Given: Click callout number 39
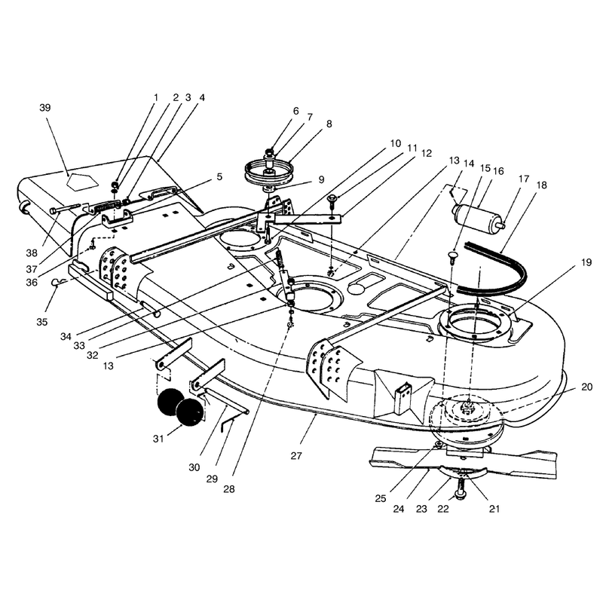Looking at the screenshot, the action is pyautogui.click(x=45, y=108).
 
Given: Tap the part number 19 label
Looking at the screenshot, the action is pyautogui.click(x=586, y=262).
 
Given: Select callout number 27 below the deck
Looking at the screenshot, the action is pyautogui.click(x=296, y=456).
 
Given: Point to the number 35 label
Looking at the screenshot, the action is pyautogui.click(x=42, y=322).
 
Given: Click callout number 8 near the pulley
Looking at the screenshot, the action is pyautogui.click(x=329, y=124).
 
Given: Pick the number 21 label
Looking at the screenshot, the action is pyautogui.click(x=494, y=509).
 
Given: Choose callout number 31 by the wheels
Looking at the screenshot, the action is pyautogui.click(x=158, y=439).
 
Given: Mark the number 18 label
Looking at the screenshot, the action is pyautogui.click(x=541, y=185).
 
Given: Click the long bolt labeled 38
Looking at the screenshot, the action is pyautogui.click(x=65, y=209).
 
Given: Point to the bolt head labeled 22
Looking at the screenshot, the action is pyautogui.click(x=460, y=494).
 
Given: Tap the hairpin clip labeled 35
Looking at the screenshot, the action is pyautogui.click(x=56, y=283).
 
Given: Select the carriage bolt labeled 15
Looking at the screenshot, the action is pyautogui.click(x=452, y=257).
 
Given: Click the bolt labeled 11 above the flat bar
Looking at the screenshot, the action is pyautogui.click(x=332, y=202).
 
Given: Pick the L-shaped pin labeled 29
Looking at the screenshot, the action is pyautogui.click(x=228, y=425).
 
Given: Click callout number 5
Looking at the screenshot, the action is pyautogui.click(x=219, y=177).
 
